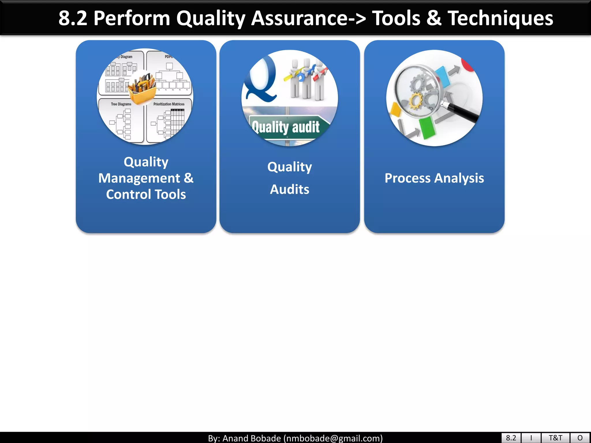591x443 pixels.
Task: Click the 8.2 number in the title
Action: click(x=73, y=18)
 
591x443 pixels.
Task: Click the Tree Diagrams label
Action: click(x=121, y=104)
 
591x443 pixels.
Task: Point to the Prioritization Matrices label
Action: click(x=169, y=104)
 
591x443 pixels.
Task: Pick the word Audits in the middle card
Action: click(x=289, y=189)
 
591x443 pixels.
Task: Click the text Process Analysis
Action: click(x=434, y=178)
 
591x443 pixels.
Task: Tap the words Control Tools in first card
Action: click(x=146, y=194)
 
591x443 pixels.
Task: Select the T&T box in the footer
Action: click(x=555, y=438)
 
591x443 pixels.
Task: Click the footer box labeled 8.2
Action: click(x=511, y=438)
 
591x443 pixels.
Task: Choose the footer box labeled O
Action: click(x=580, y=438)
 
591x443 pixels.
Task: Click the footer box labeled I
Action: click(x=531, y=438)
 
